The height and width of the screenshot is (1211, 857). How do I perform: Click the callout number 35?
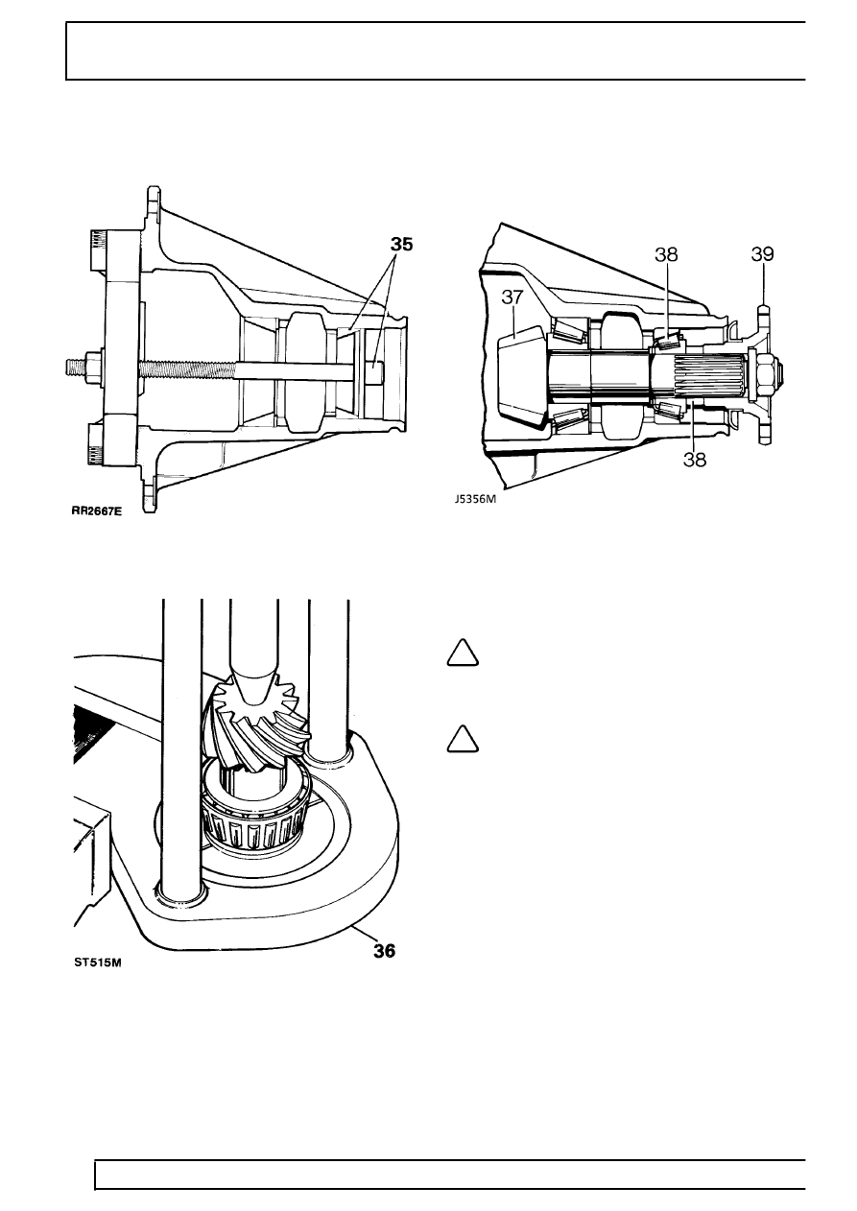point(402,245)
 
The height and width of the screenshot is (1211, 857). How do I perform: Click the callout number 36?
point(385,950)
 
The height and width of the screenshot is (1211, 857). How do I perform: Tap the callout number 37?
point(512,297)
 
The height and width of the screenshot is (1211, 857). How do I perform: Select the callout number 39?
point(762,254)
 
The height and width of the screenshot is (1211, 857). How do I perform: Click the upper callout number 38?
point(666,254)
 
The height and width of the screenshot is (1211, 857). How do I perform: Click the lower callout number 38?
point(694,460)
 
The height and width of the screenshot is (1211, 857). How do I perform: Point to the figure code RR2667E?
point(97,511)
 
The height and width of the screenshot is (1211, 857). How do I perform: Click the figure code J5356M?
point(475,499)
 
